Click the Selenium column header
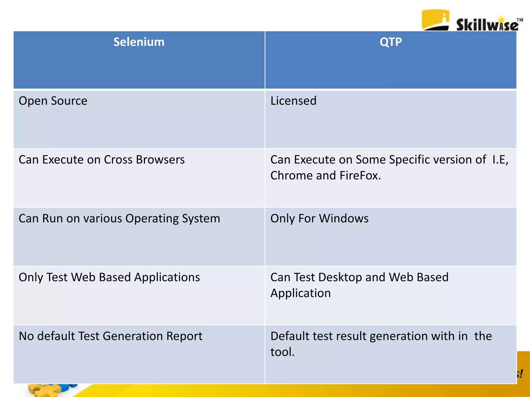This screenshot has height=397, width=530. click(x=139, y=42)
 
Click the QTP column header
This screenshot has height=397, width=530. click(x=391, y=42)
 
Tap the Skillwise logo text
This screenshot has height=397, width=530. click(x=487, y=25)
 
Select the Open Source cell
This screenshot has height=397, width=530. click(x=53, y=101)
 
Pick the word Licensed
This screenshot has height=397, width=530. click(x=293, y=101)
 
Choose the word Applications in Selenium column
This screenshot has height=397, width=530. click(x=167, y=277)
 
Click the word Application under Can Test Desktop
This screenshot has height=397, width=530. click(x=300, y=293)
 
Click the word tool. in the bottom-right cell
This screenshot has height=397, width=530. click(x=282, y=352)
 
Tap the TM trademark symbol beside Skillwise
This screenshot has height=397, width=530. click(x=520, y=20)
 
